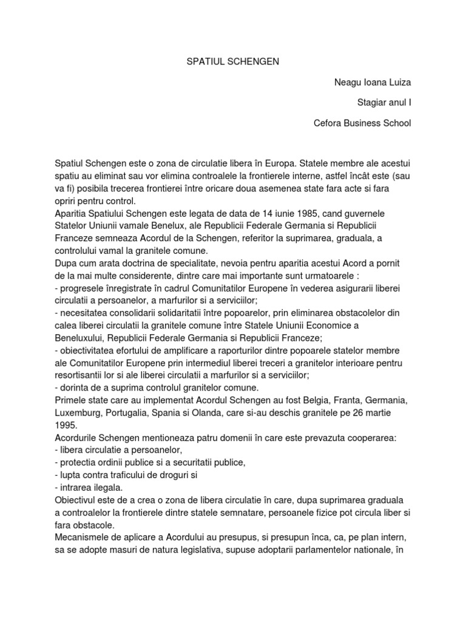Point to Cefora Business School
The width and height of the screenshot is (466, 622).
(362, 123)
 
